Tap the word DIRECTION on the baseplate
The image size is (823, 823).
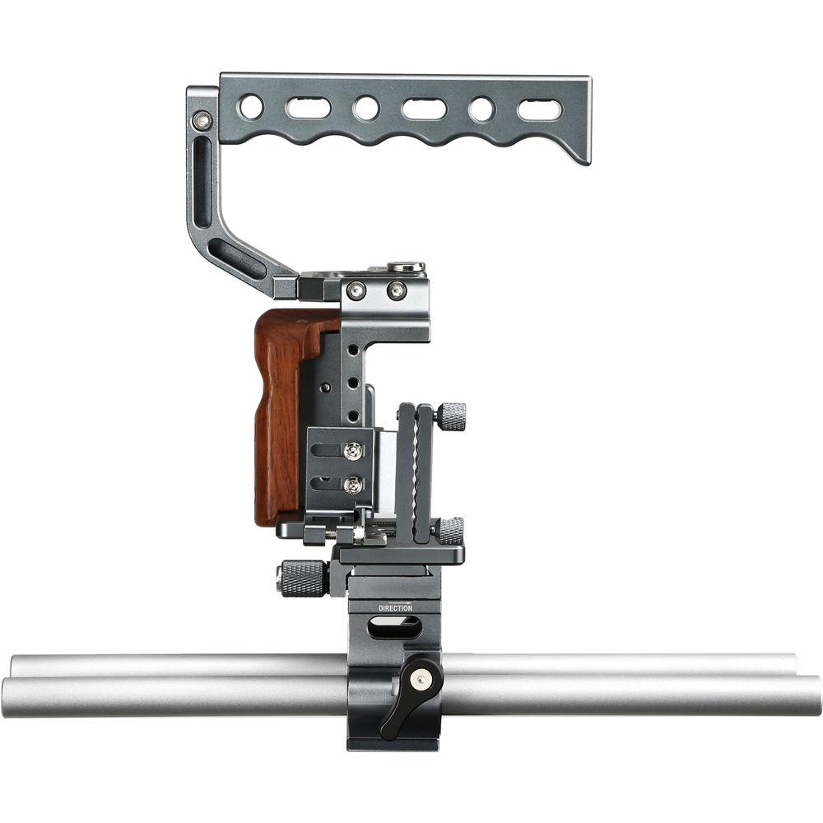[x=396, y=608]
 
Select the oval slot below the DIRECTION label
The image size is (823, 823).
[x=395, y=628]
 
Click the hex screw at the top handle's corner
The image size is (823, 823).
[x=202, y=122]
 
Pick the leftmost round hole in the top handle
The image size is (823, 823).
[x=251, y=107]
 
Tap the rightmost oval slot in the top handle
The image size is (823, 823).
[x=539, y=109]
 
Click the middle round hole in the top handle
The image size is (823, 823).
[x=366, y=108]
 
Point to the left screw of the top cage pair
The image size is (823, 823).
[x=356, y=290]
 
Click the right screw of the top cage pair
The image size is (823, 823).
[x=397, y=290]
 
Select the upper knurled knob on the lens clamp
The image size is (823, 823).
[x=450, y=416]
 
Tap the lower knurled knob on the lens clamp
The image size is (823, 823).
[x=449, y=530]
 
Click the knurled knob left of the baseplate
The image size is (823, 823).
[x=301, y=577]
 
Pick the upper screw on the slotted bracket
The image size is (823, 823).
[x=353, y=450]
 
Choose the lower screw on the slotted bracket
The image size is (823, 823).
[x=353, y=486]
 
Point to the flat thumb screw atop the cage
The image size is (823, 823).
[x=407, y=267]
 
